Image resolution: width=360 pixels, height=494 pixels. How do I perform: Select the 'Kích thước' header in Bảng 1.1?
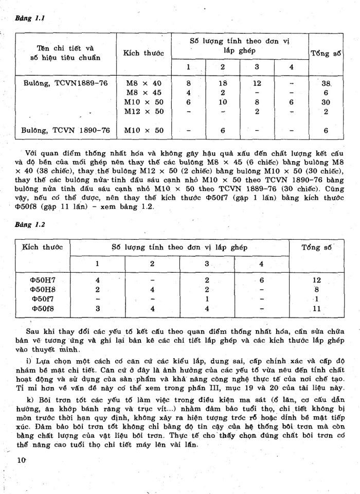click(143, 53)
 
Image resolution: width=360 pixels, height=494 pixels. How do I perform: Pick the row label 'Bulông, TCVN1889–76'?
click(65, 83)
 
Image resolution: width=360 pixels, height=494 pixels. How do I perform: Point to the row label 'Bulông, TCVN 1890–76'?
click(66, 131)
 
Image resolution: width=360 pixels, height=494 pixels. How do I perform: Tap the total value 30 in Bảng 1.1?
click(326, 102)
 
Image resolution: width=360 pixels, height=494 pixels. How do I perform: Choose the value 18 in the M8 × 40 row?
click(223, 83)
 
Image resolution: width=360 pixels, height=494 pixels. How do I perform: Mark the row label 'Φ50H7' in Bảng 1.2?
click(42, 280)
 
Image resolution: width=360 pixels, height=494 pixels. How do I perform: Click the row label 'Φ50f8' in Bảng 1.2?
click(42, 309)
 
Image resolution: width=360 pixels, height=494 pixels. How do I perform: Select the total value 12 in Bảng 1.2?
click(316, 280)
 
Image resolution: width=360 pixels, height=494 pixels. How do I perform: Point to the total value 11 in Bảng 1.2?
click(316, 309)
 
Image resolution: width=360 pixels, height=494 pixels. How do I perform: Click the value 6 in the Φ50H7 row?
click(261, 280)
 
